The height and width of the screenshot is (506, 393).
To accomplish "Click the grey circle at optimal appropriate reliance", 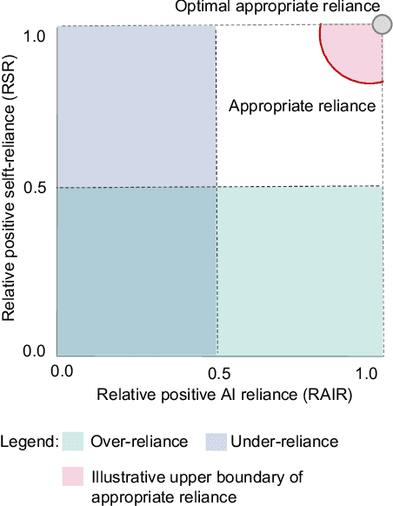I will [x=381, y=24].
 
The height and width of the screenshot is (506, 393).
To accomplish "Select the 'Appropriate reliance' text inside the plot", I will [x=302, y=106].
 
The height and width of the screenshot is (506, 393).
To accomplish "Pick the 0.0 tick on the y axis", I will [x=34, y=351].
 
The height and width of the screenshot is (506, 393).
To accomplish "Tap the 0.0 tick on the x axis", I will [x=62, y=371].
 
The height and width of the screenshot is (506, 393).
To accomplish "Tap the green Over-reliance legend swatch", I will [x=72, y=442].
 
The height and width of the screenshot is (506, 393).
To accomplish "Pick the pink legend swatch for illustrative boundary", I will [x=72, y=476].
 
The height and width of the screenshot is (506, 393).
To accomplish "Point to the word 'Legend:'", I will [x=30, y=442].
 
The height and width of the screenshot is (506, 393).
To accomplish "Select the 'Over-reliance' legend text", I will [x=139, y=442].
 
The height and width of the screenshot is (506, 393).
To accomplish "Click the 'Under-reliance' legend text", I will [x=283, y=442].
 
